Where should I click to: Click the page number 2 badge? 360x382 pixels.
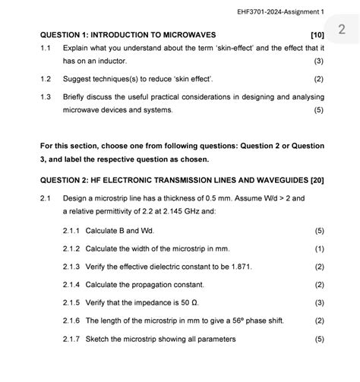pyautogui.click(x=342, y=30)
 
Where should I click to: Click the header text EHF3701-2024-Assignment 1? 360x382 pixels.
pyautogui.click(x=280, y=11)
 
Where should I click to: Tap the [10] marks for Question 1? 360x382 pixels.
pyautogui.click(x=317, y=35)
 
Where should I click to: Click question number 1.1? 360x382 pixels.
pyautogui.click(x=46, y=48)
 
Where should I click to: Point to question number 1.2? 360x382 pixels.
pyautogui.click(x=46, y=79)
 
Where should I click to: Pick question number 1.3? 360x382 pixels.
pyautogui.click(x=46, y=97)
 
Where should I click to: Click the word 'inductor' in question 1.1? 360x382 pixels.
pyautogui.click(x=111, y=61)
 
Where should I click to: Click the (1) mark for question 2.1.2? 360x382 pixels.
pyautogui.click(x=319, y=248)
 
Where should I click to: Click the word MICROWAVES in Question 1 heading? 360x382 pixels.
pyautogui.click(x=187, y=35)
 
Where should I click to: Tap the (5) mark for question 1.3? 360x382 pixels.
pyautogui.click(x=319, y=110)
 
